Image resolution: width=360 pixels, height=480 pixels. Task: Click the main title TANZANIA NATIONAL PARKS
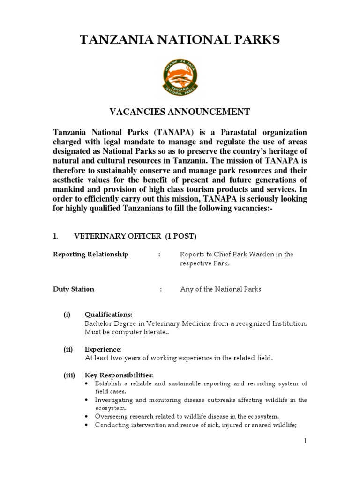point(180,40)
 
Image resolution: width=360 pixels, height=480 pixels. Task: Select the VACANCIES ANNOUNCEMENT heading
point(180,112)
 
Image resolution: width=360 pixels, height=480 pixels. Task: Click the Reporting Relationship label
point(90,254)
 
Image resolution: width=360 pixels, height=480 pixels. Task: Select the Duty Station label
point(74,289)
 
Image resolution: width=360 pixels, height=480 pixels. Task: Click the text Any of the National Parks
point(220,289)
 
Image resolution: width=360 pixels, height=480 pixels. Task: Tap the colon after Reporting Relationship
point(159,255)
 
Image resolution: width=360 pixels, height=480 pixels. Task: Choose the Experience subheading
point(103,349)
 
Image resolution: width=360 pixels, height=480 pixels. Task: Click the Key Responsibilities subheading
point(119,375)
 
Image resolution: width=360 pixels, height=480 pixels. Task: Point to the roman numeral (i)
point(67,314)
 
